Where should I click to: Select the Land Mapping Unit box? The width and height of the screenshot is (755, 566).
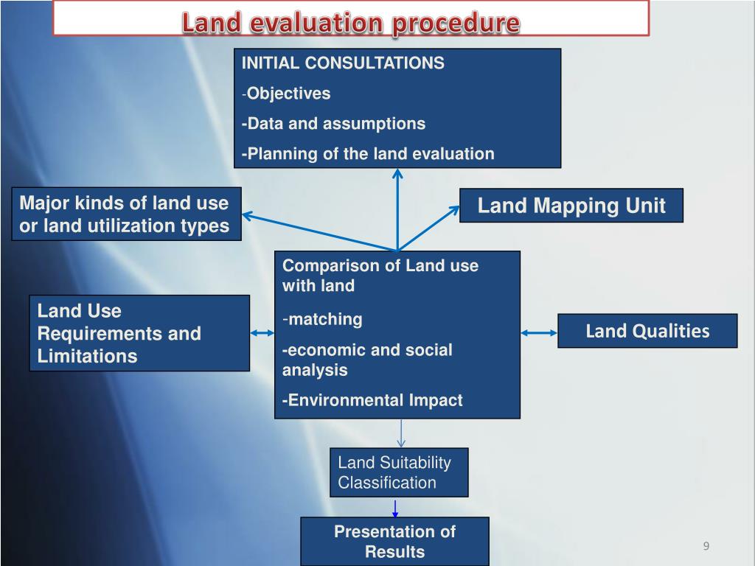pyautogui.click(x=571, y=206)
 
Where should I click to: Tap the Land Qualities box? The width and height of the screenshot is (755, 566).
pyautogui.click(x=647, y=331)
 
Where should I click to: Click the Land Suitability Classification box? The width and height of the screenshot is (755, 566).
pyautogui.click(x=399, y=473)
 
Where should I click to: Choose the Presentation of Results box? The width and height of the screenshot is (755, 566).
pyautogui.click(x=394, y=542)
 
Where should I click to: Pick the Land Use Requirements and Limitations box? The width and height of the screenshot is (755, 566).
pyautogui.click(x=139, y=333)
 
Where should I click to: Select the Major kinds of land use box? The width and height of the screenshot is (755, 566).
pyautogui.click(x=126, y=214)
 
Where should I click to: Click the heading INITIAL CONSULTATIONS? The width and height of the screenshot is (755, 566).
pyautogui.click(x=343, y=63)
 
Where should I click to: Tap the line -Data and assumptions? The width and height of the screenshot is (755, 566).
pyautogui.click(x=333, y=123)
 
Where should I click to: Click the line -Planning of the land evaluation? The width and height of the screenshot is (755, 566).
pyautogui.click(x=368, y=153)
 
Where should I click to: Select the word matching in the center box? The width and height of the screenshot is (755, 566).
pyautogui.click(x=324, y=319)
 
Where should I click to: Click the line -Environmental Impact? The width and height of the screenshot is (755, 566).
pyautogui.click(x=372, y=400)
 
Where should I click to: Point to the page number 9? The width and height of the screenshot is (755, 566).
pyautogui.click(x=706, y=546)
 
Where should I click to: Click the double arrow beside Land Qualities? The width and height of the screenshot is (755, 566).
pyautogui.click(x=539, y=333)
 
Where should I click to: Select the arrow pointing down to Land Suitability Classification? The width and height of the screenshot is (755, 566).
pyautogui.click(x=400, y=434)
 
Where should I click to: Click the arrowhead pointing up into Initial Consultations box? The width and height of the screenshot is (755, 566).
pyautogui.click(x=397, y=174)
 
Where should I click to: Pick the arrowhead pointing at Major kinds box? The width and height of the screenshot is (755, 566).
pyautogui.click(x=248, y=215)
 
